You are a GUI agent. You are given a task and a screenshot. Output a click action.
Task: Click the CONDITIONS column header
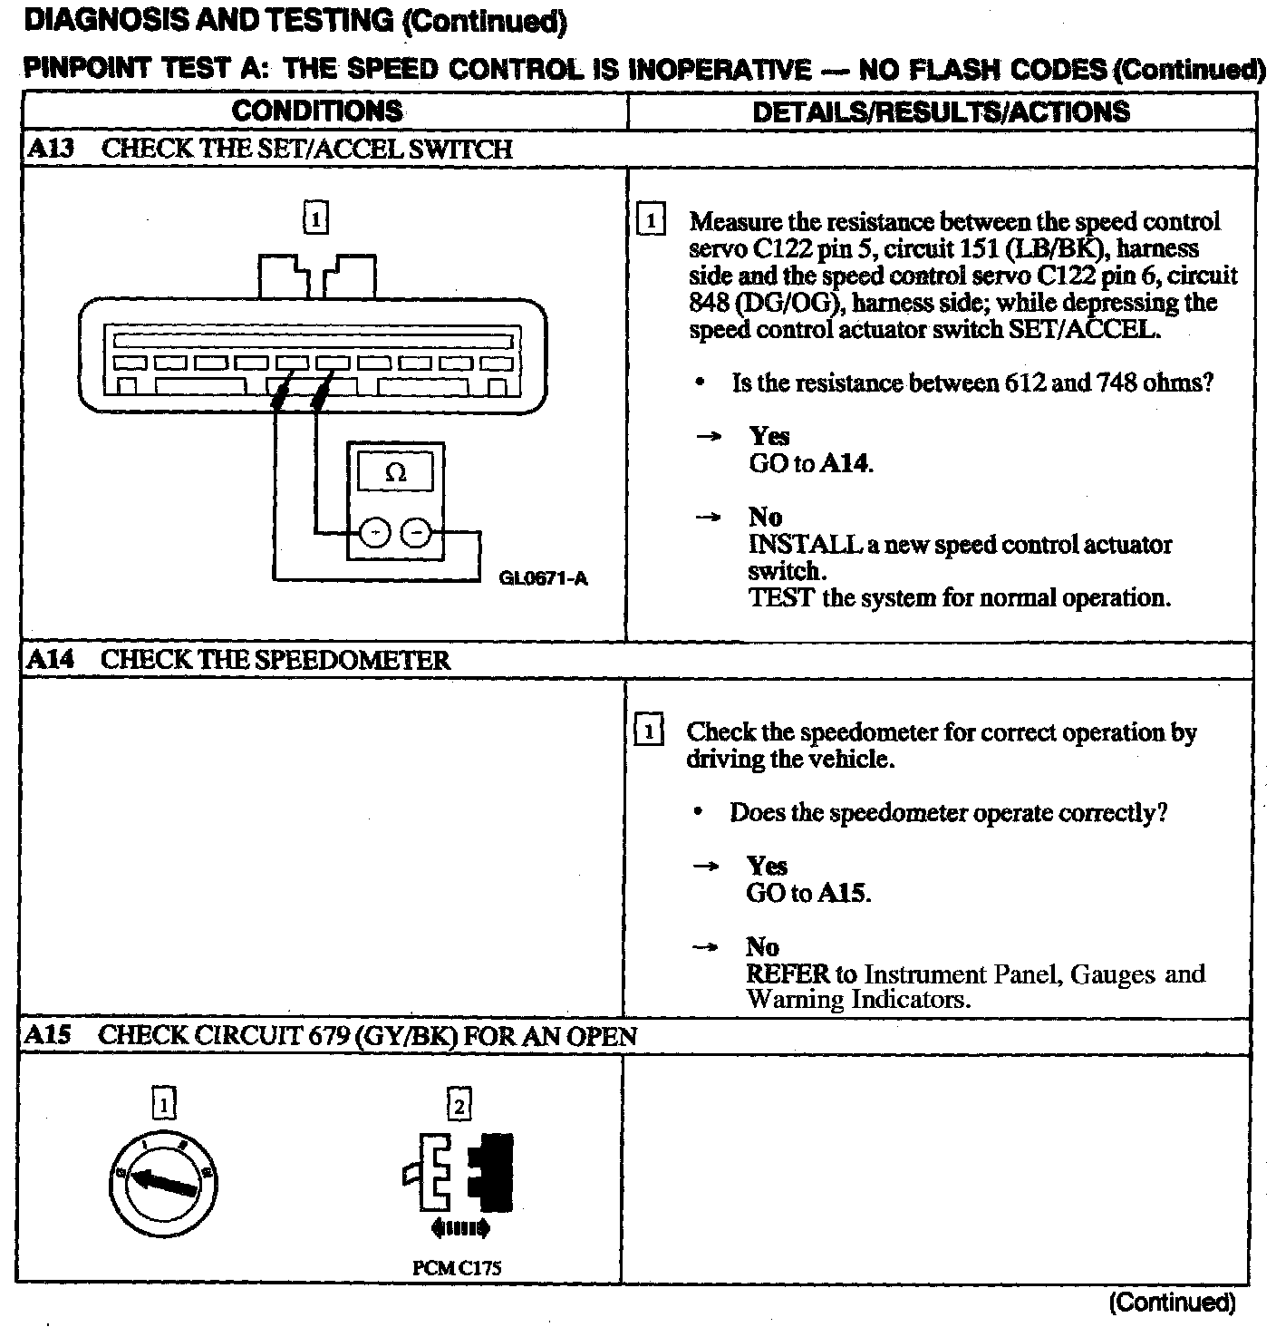coord(317,111)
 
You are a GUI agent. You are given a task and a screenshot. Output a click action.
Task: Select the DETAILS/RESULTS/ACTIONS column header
coord(942,112)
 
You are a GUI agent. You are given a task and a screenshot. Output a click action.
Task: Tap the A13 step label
coord(50,150)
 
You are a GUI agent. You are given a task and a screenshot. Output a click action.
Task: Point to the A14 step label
coord(50,660)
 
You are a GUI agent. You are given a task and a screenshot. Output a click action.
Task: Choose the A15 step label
coord(48,1035)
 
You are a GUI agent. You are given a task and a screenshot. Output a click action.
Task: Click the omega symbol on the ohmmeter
coord(395,472)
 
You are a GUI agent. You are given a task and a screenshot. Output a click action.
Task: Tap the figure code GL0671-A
coord(543,578)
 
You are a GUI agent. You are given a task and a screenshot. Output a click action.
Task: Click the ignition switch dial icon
coord(164,1180)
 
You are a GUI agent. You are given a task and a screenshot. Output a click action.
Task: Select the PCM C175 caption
coord(457,1268)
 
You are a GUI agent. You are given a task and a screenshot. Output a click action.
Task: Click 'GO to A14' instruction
coord(810,464)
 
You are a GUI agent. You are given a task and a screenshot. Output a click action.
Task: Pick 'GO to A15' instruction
coord(807,894)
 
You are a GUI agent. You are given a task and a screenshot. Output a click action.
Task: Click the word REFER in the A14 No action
coord(788,974)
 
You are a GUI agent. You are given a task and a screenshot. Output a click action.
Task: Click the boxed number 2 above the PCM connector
coord(459,1105)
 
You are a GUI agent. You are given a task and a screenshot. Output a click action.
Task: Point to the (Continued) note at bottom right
coord(1172,1303)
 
